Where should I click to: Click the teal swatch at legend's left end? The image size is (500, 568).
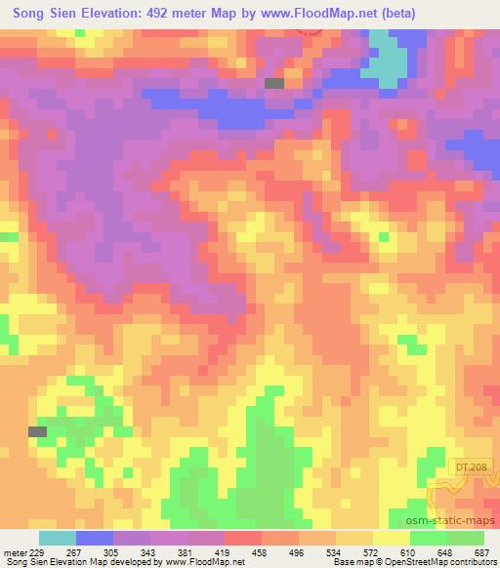coord(58,538)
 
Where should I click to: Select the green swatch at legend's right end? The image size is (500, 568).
coord(466,538)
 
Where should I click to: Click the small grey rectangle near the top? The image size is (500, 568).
coord(274,84)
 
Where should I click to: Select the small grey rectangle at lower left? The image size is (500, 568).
coord(38,431)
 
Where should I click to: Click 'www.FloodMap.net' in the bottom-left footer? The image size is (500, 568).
coord(203,563)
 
